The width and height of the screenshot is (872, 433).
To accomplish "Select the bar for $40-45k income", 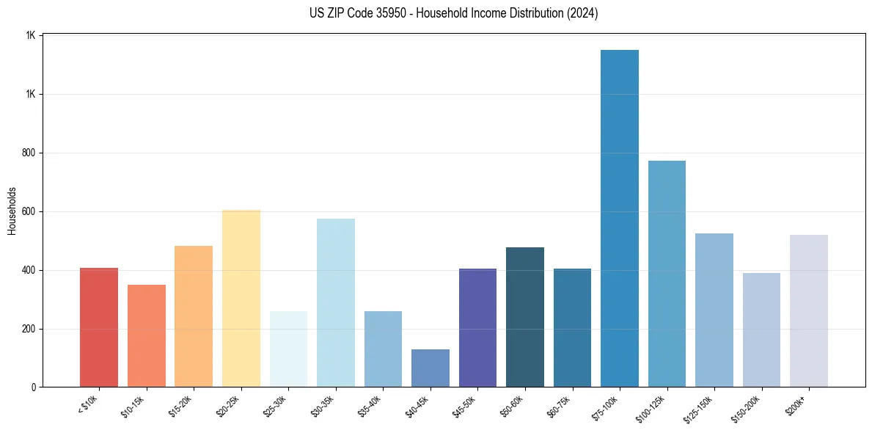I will tap(430, 368).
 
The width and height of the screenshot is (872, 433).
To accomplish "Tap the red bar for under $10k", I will tap(99, 327).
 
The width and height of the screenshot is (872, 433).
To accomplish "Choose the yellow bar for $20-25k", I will tap(241, 298).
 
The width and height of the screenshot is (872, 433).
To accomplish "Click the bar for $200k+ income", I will tap(808, 310).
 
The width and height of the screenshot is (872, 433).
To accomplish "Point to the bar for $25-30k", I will tap(288, 349).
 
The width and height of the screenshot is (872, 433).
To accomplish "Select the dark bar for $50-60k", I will tap(524, 317).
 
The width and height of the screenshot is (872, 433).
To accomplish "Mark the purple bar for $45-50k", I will tap(477, 327).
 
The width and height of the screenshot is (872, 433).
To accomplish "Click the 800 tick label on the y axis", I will tap(29, 153).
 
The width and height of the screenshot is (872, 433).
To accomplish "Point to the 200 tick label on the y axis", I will tap(29, 329).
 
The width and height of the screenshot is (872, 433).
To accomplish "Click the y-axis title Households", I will tap(12, 211).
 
